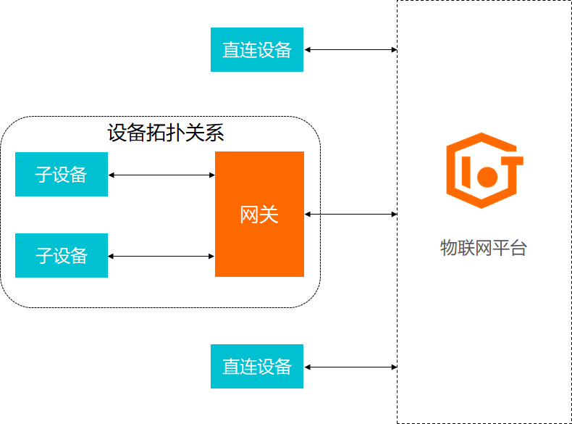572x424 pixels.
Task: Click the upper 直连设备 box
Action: tap(257, 50)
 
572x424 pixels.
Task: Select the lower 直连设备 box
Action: tap(257, 366)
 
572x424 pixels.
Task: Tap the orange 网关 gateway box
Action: tap(259, 214)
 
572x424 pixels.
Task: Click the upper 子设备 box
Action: tap(62, 174)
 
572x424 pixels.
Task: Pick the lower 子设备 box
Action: tap(62, 255)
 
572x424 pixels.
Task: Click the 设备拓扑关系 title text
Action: tap(166, 132)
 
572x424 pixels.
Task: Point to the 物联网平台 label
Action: tap(484, 248)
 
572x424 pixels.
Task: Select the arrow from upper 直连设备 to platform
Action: tap(350, 50)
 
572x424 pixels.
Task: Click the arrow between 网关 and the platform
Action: tap(350, 214)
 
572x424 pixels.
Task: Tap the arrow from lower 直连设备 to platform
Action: tap(350, 367)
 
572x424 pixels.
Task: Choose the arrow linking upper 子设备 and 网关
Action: tap(161, 175)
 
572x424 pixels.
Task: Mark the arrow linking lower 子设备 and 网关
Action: tap(161, 257)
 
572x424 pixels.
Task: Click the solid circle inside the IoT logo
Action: tap(487, 177)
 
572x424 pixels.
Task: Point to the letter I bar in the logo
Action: tap(466, 172)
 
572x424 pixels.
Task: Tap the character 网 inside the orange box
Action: tap(249, 215)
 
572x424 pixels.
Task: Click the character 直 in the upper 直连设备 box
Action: tap(231, 50)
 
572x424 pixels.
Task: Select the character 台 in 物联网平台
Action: tap(518, 248)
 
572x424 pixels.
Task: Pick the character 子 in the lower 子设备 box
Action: tap(44, 256)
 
